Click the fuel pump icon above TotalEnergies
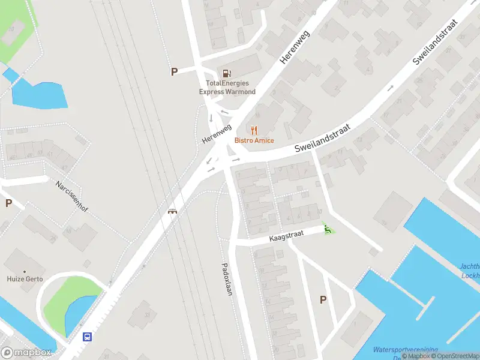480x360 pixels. click(x=227, y=73)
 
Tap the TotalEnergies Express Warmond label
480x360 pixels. click(x=227, y=88)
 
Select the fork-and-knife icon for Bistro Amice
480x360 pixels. click(x=254, y=130)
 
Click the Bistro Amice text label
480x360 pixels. click(x=254, y=140)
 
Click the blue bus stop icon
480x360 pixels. click(x=88, y=337)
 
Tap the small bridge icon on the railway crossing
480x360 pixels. click(x=173, y=211)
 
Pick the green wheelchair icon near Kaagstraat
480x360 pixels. click(x=328, y=229)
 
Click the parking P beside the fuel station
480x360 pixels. click(x=175, y=72)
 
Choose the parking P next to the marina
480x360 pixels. click(x=323, y=300)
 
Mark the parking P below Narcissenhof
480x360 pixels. click(x=8, y=203)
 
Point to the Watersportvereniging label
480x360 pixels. click(x=405, y=349)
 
